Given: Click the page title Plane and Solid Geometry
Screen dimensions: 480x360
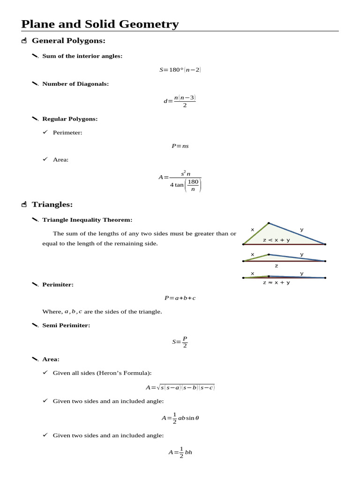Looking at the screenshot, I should click(100, 24).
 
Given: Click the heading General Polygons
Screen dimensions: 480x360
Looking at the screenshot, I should click(68, 41).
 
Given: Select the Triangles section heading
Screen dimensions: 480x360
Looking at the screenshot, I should click(52, 204).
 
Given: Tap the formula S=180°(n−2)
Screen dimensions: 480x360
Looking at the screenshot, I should click(180, 70).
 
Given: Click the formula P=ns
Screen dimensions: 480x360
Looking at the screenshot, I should click(180, 146).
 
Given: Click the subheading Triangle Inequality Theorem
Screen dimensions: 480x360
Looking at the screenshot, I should click(87, 219).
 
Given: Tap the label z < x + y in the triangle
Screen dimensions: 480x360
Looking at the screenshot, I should click(276, 240).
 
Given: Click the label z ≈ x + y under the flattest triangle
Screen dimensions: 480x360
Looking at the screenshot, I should click(276, 283).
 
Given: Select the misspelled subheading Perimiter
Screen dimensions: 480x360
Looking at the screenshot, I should click(58, 284).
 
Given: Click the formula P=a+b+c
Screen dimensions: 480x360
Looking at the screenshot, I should click(180, 298).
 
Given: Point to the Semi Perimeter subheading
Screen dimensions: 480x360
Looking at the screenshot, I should click(66, 325).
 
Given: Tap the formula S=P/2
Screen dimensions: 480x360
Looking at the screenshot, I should click(180, 342).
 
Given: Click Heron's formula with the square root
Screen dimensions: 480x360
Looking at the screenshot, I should click(180, 387).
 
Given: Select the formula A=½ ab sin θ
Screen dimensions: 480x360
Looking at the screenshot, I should click(180, 417).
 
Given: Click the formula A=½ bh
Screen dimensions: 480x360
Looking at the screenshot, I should click(180, 452).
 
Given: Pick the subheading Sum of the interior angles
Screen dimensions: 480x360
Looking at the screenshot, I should click(82, 56).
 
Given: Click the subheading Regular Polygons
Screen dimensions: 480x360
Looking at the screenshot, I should click(70, 119).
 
